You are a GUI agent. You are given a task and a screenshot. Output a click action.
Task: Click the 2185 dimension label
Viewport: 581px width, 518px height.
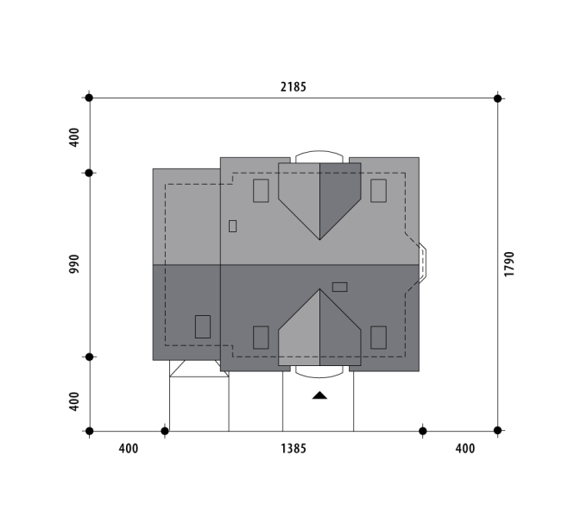coord(294,86)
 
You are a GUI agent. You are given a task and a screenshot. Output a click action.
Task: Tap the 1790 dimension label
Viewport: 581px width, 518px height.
coord(509,264)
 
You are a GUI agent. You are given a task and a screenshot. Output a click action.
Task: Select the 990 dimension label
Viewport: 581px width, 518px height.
coord(74,264)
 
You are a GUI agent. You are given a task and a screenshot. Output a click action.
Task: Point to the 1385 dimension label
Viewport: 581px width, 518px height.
coord(294,449)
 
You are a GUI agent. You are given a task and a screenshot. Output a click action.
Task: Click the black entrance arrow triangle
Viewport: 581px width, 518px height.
coord(319,395)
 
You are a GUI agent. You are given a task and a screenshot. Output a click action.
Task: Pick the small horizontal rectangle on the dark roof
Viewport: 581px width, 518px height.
coord(340,287)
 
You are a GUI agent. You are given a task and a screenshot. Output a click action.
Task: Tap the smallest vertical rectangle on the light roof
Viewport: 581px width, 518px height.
coord(233,226)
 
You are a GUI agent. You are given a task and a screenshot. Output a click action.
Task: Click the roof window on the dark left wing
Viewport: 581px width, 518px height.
coord(203,327)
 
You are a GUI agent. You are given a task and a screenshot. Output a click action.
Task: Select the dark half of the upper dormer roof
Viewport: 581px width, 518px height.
coord(340,196)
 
